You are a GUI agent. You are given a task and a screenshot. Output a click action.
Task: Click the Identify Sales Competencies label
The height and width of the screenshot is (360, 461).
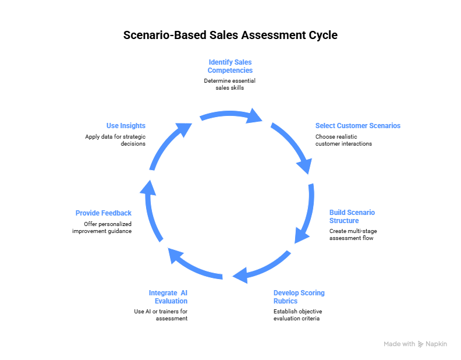230,66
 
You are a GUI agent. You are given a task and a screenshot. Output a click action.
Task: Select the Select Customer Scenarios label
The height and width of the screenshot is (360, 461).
357,126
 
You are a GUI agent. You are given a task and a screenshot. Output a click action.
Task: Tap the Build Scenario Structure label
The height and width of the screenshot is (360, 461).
352,217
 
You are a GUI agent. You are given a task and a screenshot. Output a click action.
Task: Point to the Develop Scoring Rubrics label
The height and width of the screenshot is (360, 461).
299,297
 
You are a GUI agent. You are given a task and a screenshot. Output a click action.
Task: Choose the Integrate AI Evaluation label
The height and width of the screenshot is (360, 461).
168,297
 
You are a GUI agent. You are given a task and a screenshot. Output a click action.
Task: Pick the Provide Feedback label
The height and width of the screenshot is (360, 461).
104,213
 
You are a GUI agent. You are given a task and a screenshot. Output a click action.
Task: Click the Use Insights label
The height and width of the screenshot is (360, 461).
126,126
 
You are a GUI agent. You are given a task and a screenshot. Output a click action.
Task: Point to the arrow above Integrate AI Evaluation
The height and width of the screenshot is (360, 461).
194,264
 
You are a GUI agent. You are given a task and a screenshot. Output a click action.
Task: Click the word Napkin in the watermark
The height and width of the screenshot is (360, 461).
436,344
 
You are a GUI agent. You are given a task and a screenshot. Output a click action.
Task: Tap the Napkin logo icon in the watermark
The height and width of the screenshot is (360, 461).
421,344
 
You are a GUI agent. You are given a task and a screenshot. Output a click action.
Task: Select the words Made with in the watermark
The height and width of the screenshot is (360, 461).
399,344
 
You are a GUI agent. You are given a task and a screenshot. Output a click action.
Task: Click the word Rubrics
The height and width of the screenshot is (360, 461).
285,301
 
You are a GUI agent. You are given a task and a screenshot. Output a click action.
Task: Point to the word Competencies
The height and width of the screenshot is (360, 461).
230,70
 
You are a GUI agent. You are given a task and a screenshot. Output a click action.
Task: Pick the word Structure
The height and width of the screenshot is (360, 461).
344,221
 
